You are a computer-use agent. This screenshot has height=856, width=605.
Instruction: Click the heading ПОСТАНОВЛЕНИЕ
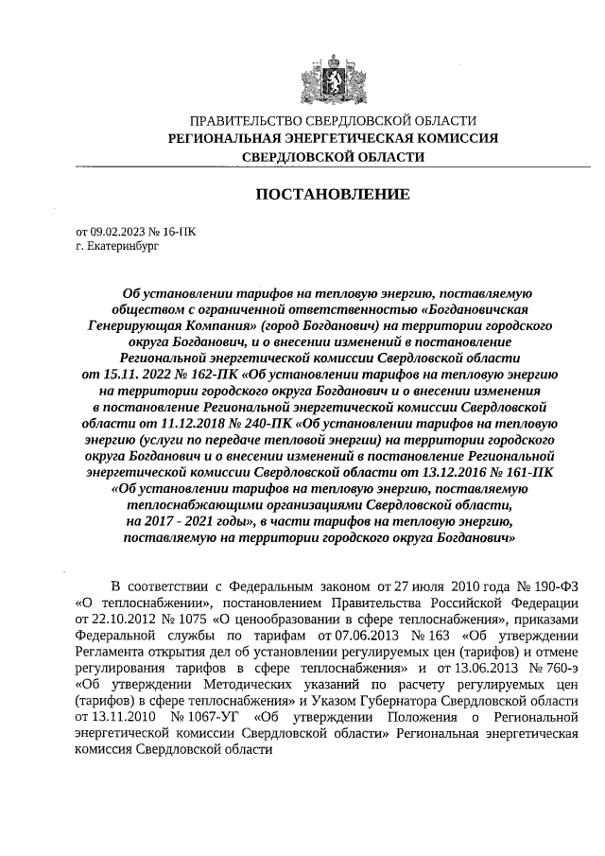pos(333,195)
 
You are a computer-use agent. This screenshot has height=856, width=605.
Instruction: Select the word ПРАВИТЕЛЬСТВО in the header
pos(245,121)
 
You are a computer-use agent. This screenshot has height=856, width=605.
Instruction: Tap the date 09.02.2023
pos(119,230)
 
